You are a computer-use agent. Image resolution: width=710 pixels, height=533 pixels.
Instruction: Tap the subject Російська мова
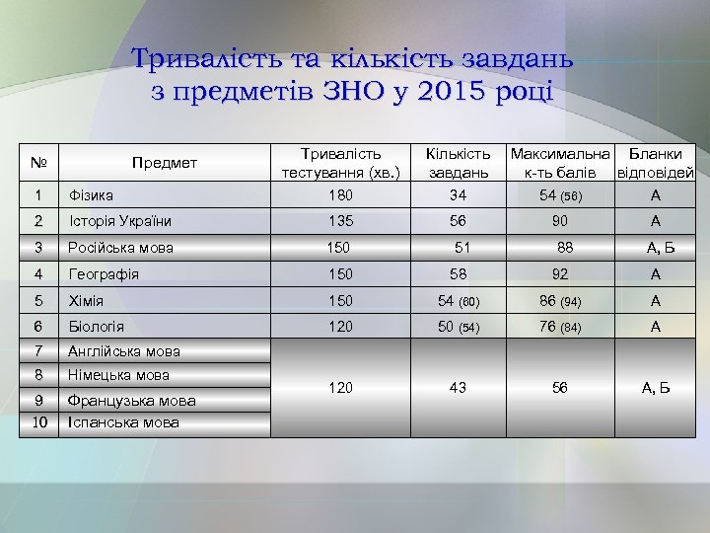click(120, 248)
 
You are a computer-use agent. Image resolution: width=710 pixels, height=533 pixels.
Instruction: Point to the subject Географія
click(104, 273)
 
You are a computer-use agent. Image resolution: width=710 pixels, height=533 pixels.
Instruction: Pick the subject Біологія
click(97, 325)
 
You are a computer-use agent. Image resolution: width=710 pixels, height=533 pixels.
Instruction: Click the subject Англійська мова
click(123, 350)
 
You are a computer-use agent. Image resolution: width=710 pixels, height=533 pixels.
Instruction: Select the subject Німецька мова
click(119, 375)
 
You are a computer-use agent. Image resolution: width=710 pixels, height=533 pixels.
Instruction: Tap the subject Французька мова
click(131, 401)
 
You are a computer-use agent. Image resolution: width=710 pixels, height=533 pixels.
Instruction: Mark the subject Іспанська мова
click(123, 422)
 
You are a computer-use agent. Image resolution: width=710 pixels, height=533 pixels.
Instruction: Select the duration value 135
click(340, 221)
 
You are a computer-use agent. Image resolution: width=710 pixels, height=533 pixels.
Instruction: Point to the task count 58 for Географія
click(458, 273)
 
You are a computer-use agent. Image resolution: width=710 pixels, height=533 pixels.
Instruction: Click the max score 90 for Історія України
click(560, 221)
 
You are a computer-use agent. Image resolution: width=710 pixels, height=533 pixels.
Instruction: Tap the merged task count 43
click(458, 388)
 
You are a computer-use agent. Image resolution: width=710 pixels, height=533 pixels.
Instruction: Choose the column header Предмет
click(166, 163)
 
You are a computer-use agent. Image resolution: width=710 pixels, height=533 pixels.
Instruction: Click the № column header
click(40, 163)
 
